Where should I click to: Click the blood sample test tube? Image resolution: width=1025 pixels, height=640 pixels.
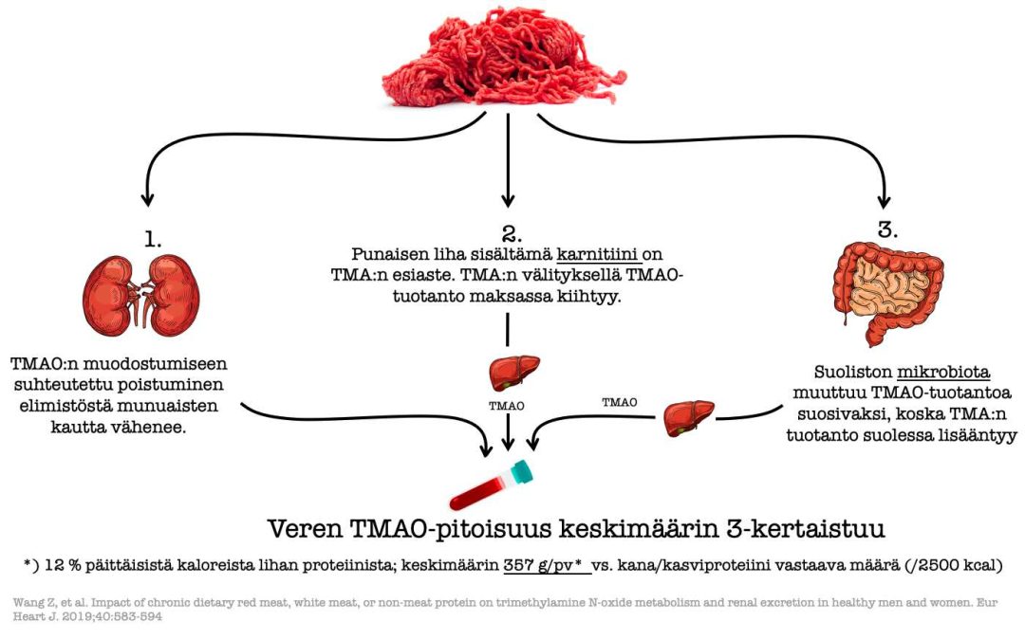pyautogui.click(x=492, y=485)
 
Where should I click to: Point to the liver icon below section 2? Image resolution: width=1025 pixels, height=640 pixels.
pyautogui.click(x=514, y=373)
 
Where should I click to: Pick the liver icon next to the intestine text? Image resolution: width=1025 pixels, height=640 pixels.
pyautogui.click(x=689, y=418)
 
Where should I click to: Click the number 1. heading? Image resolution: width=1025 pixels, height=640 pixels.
pyautogui.click(x=152, y=240)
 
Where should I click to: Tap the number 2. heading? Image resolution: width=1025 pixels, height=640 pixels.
pyautogui.click(x=512, y=234)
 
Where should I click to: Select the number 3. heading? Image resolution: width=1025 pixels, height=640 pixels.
pyautogui.click(x=887, y=229)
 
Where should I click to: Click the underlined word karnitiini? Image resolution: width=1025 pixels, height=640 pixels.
pyautogui.click(x=598, y=254)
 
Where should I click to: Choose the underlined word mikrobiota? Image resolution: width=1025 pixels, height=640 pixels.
pyautogui.click(x=942, y=373)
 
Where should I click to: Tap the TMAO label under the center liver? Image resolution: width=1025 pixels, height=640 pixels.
pyautogui.click(x=507, y=406)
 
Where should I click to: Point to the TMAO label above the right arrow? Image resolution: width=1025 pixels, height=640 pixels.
pyautogui.click(x=619, y=402)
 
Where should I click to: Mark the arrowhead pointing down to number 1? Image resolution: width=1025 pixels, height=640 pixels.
pyautogui.click(x=148, y=198)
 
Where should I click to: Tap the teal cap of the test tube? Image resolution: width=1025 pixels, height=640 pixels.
pyautogui.click(x=521, y=471)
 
